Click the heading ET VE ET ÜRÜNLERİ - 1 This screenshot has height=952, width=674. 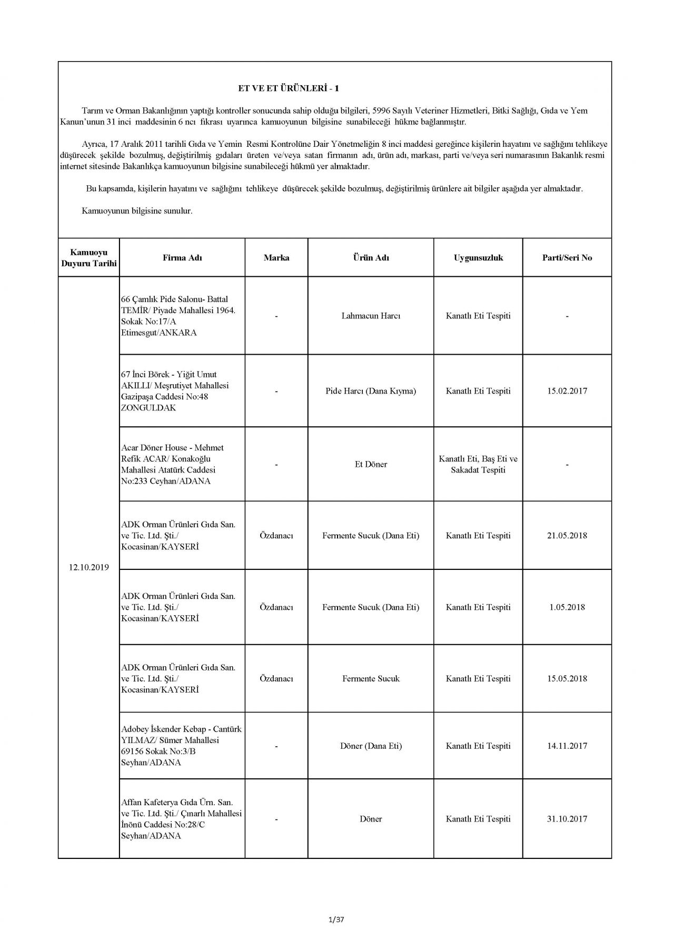tap(288, 88)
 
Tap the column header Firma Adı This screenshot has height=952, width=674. tap(182, 258)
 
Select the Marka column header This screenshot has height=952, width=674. tap(276, 258)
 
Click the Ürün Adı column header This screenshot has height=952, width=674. tap(371, 258)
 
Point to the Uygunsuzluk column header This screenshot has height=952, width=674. tap(478, 258)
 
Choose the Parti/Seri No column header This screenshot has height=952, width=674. tap(567, 258)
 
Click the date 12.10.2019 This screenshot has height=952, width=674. tap(89, 568)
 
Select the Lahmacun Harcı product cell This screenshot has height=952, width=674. tap(371, 316)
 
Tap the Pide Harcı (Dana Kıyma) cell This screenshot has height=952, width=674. tap(371, 391)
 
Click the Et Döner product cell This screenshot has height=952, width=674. tap(371, 465)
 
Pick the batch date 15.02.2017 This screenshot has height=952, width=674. tap(567, 391)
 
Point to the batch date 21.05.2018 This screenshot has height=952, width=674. tap(567, 536)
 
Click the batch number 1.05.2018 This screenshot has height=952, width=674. tap(567, 607)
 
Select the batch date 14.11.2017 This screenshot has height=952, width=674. tap(567, 746)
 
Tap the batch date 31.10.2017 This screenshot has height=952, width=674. tap(567, 819)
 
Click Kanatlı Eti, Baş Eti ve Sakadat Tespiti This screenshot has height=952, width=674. tap(478, 465)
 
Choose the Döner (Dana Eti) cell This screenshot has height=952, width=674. tap(371, 746)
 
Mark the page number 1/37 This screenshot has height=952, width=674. tap(336, 920)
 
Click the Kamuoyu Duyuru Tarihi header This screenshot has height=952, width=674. tap(89, 258)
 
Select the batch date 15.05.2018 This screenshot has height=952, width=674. tap(567, 679)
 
